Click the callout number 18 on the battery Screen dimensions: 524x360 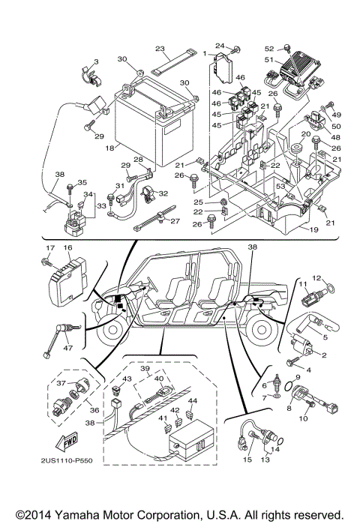point(109,149)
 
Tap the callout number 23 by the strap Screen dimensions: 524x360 point(160,48)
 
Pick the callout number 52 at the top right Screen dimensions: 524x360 point(269,47)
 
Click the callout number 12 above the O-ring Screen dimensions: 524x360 point(316,278)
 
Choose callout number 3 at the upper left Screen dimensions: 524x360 point(96,61)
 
